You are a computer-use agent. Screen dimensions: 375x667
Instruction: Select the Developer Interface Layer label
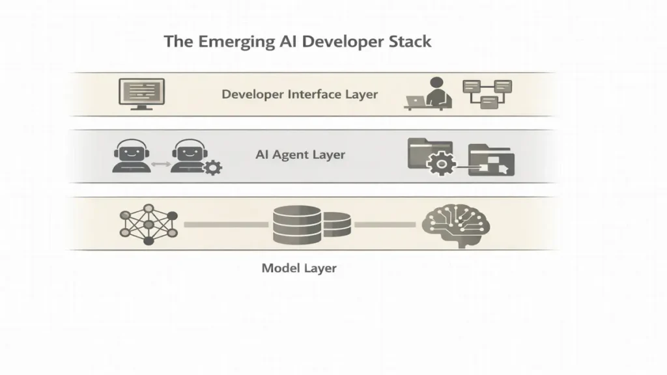tap(300, 94)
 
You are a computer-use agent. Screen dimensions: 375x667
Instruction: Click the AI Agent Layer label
tap(300, 155)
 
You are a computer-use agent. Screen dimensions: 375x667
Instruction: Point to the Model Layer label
tap(299, 268)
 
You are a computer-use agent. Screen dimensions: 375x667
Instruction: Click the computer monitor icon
tap(141, 92)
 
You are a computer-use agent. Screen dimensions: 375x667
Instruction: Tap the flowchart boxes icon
tap(487, 93)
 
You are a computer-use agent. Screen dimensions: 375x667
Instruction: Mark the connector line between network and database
tap(226, 224)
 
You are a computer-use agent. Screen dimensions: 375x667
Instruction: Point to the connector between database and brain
tap(385, 224)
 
